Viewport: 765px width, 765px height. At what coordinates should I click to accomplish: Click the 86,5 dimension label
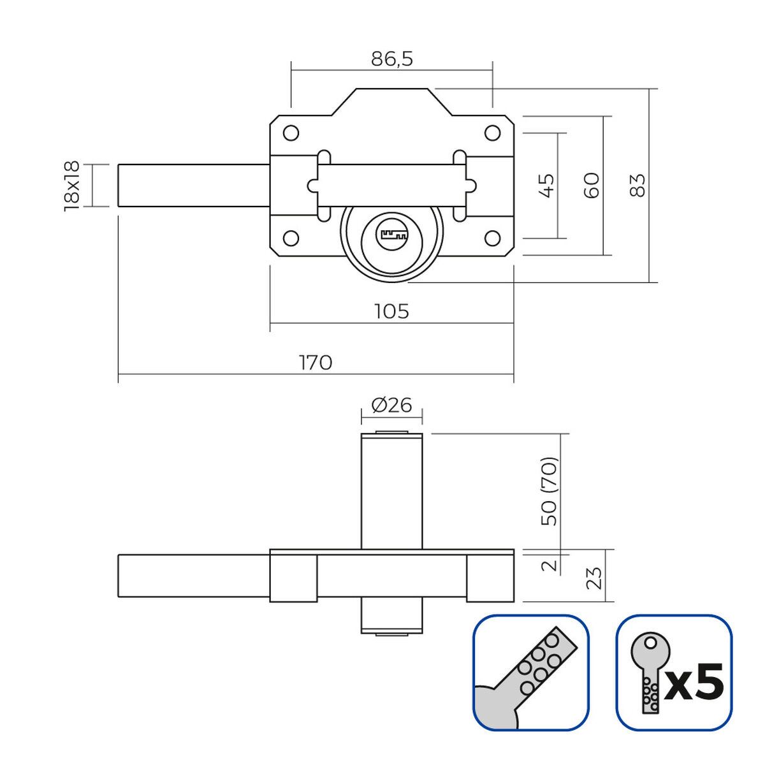pyautogui.click(x=392, y=59)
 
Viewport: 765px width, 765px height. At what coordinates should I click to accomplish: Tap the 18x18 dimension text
pyautogui.click(x=71, y=185)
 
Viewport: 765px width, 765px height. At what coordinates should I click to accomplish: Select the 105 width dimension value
pyautogui.click(x=391, y=311)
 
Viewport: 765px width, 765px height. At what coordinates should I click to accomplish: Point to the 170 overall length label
pyautogui.click(x=316, y=362)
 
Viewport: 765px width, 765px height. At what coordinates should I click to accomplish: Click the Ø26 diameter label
pyautogui.click(x=391, y=405)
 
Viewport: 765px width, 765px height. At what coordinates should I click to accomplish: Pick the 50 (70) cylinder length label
pyautogui.click(x=549, y=491)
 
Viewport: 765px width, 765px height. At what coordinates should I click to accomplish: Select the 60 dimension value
pyautogui.click(x=592, y=185)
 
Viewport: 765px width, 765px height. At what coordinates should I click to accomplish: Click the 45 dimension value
pyautogui.click(x=547, y=185)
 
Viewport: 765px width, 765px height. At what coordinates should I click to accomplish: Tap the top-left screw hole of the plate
pyautogui.click(x=291, y=133)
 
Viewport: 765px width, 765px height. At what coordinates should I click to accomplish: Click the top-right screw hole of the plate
pyautogui.click(x=492, y=133)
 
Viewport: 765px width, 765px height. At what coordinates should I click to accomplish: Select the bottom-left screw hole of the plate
pyautogui.click(x=291, y=238)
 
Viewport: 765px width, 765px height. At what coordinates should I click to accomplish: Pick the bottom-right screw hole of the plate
pyautogui.click(x=492, y=238)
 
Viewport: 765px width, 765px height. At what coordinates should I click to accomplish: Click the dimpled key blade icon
pyautogui.click(x=531, y=672)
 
